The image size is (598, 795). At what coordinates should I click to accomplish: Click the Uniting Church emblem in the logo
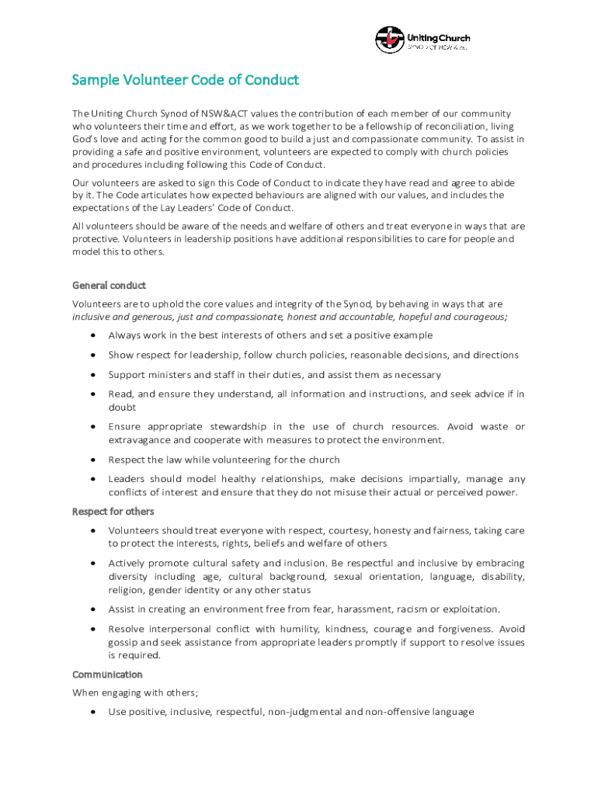click(389, 40)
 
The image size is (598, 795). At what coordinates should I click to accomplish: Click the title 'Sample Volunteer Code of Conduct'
click(185, 81)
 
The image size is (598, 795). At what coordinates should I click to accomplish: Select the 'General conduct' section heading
click(109, 285)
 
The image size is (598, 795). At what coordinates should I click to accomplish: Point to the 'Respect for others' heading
click(113, 511)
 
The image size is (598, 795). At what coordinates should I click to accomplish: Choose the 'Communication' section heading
click(107, 674)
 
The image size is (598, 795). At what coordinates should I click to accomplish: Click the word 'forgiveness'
click(456, 629)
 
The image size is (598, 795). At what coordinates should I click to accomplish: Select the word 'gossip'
click(123, 642)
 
